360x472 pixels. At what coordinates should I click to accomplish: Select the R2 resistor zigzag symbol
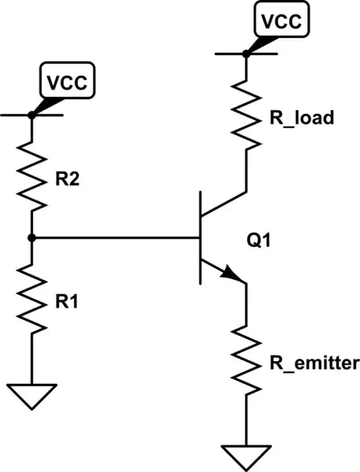pos(32,174)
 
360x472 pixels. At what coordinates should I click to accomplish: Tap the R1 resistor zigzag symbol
pos(32,300)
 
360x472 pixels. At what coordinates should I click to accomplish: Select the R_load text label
pos(303,119)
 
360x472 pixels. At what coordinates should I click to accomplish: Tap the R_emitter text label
pos(314,363)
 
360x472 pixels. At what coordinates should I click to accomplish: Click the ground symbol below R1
pos(32,395)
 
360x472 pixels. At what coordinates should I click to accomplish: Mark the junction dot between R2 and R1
pos(32,237)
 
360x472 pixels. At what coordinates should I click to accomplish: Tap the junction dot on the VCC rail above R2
pos(32,115)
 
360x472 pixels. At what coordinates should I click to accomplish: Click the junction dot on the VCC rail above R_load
pos(246,53)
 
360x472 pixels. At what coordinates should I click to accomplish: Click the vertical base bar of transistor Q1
pos(200,237)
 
